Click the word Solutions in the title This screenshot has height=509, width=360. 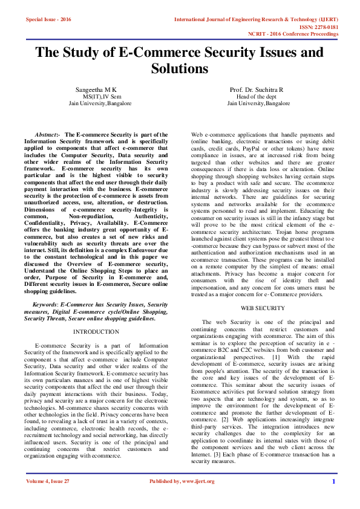click(x=180, y=69)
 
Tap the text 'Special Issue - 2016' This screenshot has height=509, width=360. click(x=48, y=20)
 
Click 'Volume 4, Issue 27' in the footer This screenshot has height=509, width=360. click(x=48, y=481)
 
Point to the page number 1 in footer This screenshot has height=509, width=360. click(x=333, y=481)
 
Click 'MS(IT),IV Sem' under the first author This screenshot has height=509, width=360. click(x=101, y=97)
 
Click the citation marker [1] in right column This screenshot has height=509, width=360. click(x=276, y=357)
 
